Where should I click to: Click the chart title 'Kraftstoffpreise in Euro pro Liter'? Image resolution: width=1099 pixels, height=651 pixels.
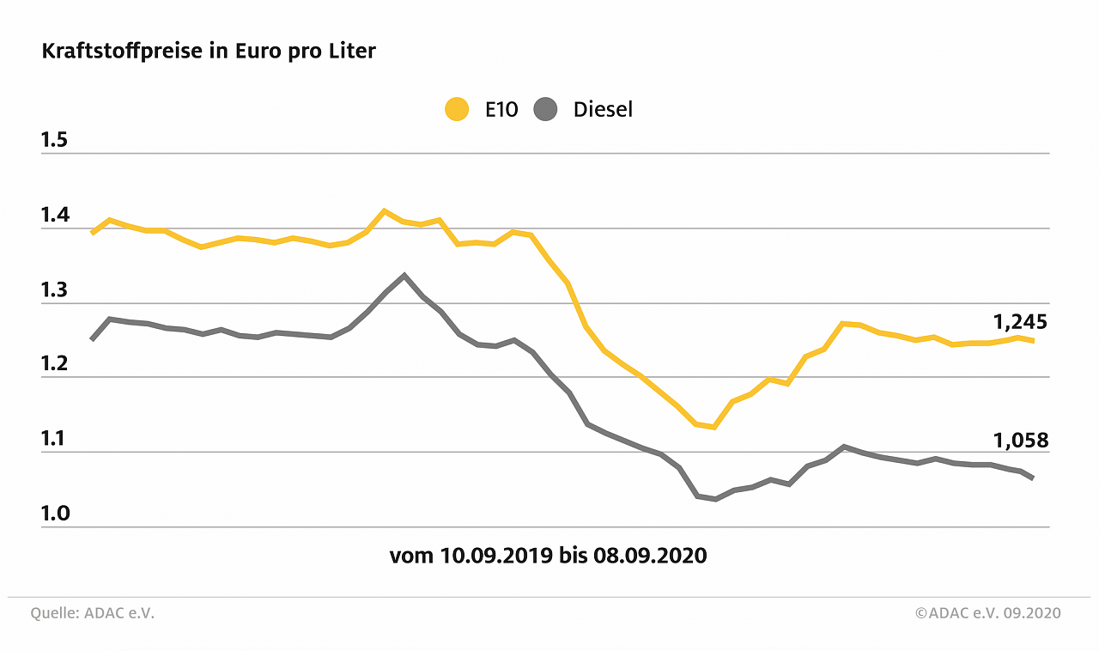209,52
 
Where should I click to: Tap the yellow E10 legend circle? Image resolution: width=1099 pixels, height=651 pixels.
457,110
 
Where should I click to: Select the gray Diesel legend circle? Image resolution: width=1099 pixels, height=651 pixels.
545,110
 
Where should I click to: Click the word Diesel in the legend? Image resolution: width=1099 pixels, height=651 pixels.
603,110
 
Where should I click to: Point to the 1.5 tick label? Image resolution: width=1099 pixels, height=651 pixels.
54,140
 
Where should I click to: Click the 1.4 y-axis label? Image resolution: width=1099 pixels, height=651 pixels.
54,215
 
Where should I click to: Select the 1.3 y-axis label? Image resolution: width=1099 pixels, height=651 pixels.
54,289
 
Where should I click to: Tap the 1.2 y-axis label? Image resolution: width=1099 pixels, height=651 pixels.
54,364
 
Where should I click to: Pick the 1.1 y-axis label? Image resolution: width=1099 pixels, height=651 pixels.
54,439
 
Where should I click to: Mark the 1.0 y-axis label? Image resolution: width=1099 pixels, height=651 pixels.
54,514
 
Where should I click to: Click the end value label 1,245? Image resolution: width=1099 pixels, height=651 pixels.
1021,322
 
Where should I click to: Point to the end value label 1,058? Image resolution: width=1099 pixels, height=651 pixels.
1021,441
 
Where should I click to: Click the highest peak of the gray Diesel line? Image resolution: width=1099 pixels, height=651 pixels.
404,276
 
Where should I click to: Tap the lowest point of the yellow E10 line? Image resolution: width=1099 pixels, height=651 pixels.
713,427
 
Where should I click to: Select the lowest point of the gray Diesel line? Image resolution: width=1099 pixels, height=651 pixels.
715,499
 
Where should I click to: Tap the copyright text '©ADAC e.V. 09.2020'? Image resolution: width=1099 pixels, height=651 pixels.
987,613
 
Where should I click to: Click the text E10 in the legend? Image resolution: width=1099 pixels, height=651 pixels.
501,110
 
